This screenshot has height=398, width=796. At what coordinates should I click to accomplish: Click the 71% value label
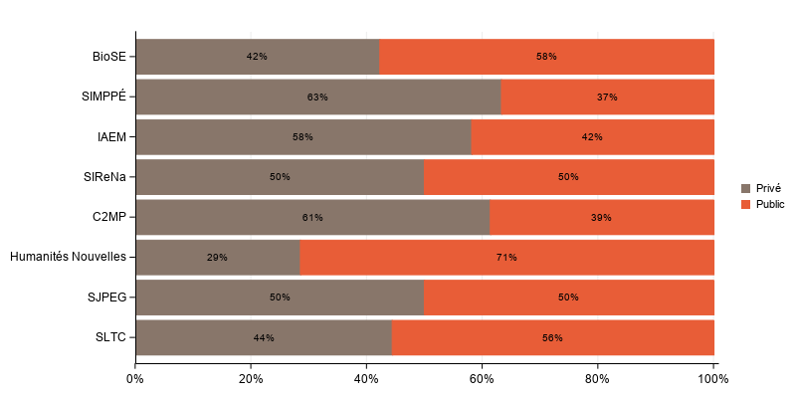coord(506,258)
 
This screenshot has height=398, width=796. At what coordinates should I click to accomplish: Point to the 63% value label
coord(317,98)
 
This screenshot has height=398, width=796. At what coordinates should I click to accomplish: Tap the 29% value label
coord(217,258)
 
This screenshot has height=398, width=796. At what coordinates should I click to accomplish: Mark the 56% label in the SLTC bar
coord(552,338)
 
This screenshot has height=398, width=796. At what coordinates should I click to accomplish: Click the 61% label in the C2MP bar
coord(312,218)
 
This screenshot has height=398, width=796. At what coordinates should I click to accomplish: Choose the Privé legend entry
coord(768,188)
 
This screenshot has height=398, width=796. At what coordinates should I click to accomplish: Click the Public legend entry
coord(770,204)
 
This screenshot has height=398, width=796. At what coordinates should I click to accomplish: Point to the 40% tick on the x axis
coord(366,379)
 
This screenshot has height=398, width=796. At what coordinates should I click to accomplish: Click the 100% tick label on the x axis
coord(713,379)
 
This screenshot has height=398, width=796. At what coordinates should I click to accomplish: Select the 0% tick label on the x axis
coord(135,379)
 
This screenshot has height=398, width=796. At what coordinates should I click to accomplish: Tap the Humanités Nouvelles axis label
coord(68,257)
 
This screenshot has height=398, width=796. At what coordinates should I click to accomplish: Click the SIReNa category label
coord(104,177)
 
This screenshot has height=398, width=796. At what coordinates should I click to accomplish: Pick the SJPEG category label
coord(106,298)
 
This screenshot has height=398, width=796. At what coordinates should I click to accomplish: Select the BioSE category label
coord(109,57)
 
